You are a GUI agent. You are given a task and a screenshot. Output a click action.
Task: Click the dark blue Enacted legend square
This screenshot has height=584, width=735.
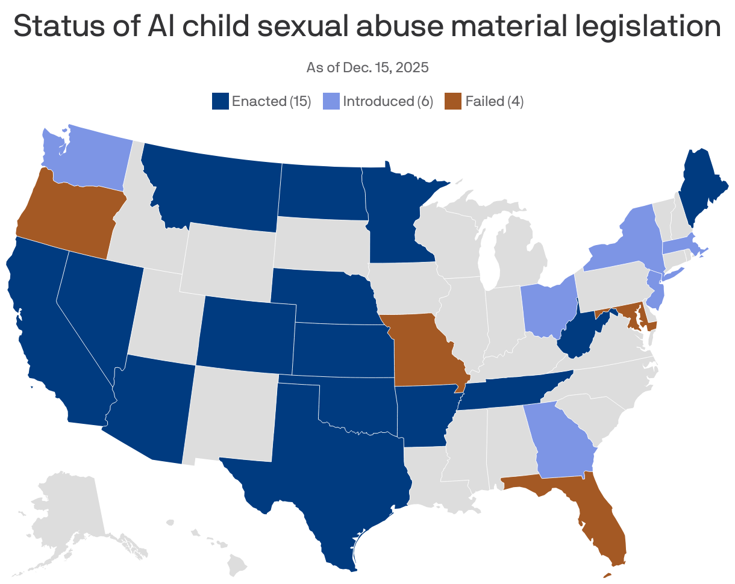(x=220, y=101)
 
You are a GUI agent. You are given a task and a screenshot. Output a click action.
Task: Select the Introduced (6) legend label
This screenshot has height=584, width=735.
(x=387, y=101)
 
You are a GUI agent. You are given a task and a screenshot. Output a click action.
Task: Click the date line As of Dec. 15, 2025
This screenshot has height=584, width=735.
(x=367, y=67)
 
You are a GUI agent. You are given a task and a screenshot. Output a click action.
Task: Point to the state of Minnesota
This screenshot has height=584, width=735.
(x=395, y=217)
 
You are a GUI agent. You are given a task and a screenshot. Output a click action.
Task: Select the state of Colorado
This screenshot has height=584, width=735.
(x=247, y=331)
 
